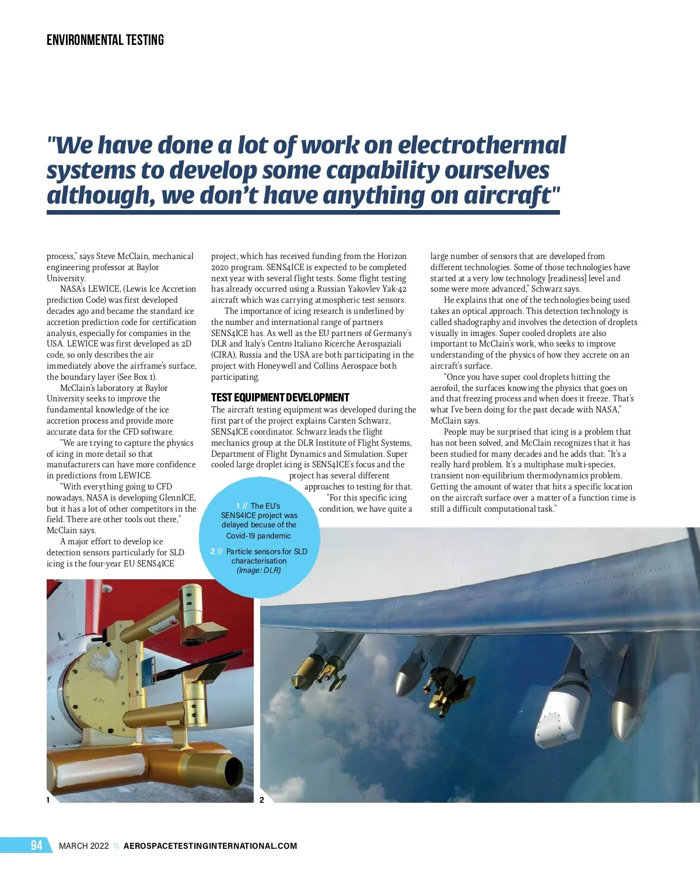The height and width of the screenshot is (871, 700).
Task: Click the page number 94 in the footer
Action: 36,845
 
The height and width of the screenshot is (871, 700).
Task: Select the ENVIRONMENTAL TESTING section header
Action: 105,40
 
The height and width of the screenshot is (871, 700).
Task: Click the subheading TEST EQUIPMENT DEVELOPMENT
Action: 280,398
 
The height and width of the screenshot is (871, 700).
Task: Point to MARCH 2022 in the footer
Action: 83,846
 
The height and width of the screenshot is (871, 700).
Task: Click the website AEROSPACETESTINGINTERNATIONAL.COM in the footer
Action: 210,846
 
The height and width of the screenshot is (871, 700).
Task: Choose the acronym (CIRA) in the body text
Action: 223,355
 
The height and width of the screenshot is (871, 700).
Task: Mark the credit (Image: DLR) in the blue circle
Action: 258,571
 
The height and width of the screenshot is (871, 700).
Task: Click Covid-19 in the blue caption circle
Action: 243,536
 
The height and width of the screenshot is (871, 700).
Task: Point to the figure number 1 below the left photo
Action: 48,800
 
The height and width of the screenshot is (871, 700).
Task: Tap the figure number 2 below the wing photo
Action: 262,800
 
